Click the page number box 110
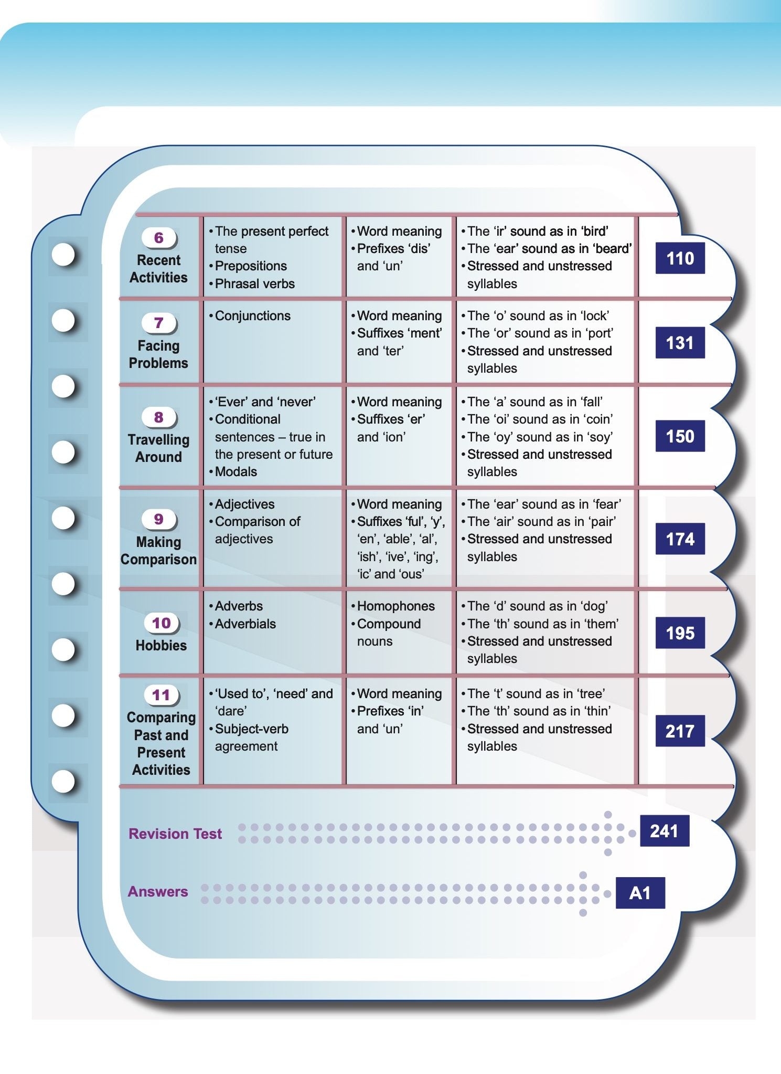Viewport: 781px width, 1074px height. click(x=680, y=258)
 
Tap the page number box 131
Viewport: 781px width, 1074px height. click(x=680, y=343)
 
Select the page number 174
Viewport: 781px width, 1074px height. click(x=680, y=539)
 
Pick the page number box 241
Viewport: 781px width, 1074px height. click(x=664, y=831)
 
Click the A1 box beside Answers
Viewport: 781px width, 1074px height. click(x=640, y=893)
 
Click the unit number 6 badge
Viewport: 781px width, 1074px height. click(x=159, y=238)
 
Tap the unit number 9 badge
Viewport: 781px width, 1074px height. click(x=159, y=519)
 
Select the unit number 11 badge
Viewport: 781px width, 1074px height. click(x=161, y=695)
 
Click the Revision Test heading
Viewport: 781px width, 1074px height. click(x=175, y=834)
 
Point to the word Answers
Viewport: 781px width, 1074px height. click(x=158, y=891)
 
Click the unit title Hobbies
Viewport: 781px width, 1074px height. click(x=161, y=645)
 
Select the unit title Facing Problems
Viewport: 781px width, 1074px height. click(x=158, y=354)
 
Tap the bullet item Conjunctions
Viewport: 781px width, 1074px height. click(x=252, y=316)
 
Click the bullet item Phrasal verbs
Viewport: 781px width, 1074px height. click(x=254, y=283)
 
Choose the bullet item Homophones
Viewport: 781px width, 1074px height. click(x=395, y=606)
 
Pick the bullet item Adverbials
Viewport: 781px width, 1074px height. click(x=245, y=624)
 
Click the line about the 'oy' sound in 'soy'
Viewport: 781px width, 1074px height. click(x=540, y=437)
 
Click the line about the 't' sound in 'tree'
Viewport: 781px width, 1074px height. click(x=536, y=693)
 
